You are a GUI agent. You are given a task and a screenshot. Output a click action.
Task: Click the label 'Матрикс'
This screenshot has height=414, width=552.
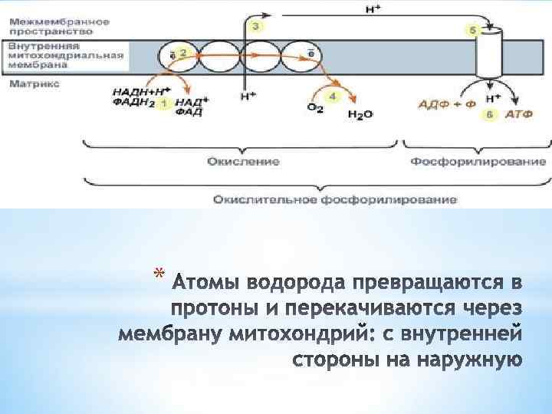tap(29, 83)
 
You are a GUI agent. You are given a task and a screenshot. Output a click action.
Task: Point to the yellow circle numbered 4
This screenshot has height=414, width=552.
tap(332, 97)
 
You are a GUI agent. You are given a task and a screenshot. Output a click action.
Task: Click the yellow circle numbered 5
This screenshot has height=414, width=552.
tap(472, 31)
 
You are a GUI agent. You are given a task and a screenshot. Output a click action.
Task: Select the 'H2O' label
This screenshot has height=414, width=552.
tap(360, 114)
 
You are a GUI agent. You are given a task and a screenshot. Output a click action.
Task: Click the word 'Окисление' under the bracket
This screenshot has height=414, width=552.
tap(242, 162)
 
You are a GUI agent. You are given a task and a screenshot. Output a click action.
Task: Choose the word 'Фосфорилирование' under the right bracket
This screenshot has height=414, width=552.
tap(478, 162)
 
